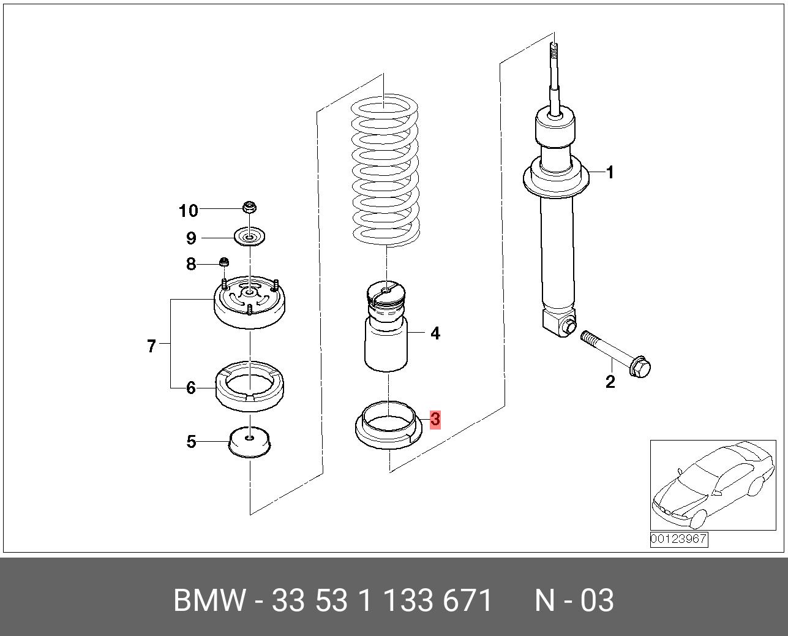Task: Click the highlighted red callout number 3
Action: pyautogui.click(x=435, y=420)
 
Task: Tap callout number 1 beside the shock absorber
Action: pyautogui.click(x=609, y=173)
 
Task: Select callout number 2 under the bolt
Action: pyautogui.click(x=610, y=382)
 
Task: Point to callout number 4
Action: pyautogui.click(x=435, y=333)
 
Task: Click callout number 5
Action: pyautogui.click(x=191, y=441)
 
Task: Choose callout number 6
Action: pyautogui.click(x=191, y=388)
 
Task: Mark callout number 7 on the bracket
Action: pyautogui.click(x=152, y=346)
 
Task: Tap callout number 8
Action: pyautogui.click(x=191, y=264)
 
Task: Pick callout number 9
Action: pyautogui.click(x=191, y=238)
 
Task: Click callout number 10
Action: pyautogui.click(x=189, y=211)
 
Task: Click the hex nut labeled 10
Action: pyautogui.click(x=249, y=207)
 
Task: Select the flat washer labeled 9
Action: pyautogui.click(x=250, y=237)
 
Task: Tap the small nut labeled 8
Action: pyautogui.click(x=225, y=263)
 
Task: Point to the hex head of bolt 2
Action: pyautogui.click(x=640, y=367)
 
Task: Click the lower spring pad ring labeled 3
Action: pyautogui.click(x=388, y=426)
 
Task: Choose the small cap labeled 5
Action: pyautogui.click(x=250, y=442)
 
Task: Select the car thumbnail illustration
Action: pyautogui.click(x=712, y=485)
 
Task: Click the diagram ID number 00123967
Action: pyautogui.click(x=678, y=539)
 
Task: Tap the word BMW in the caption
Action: pyautogui.click(x=209, y=600)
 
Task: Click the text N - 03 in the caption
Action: pyautogui.click(x=574, y=600)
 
